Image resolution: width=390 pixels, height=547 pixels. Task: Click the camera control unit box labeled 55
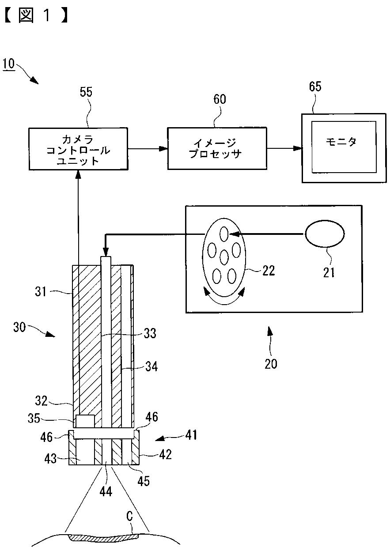coord(79,149)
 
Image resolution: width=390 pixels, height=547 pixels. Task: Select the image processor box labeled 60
coord(217,148)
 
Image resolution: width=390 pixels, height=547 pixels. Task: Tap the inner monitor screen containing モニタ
coord(344,147)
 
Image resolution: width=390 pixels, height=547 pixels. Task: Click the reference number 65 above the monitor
coord(315,87)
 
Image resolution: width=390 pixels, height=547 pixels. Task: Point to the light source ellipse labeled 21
coord(325,234)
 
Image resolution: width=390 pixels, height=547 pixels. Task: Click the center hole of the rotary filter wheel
coord(224,257)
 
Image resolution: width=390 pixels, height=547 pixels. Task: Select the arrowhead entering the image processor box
coord(163,148)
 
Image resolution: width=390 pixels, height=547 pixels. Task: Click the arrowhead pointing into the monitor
coord(298,148)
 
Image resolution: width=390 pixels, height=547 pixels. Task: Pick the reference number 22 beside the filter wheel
coord(269,271)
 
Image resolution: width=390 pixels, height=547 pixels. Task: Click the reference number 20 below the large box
coord(271,364)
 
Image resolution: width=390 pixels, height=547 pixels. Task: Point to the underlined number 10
coord(9,64)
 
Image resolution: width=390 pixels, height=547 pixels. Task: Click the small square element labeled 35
coord(85,421)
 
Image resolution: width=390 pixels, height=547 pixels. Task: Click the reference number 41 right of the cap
coord(191,435)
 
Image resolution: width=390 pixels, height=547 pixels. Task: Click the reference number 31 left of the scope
coord(41,291)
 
